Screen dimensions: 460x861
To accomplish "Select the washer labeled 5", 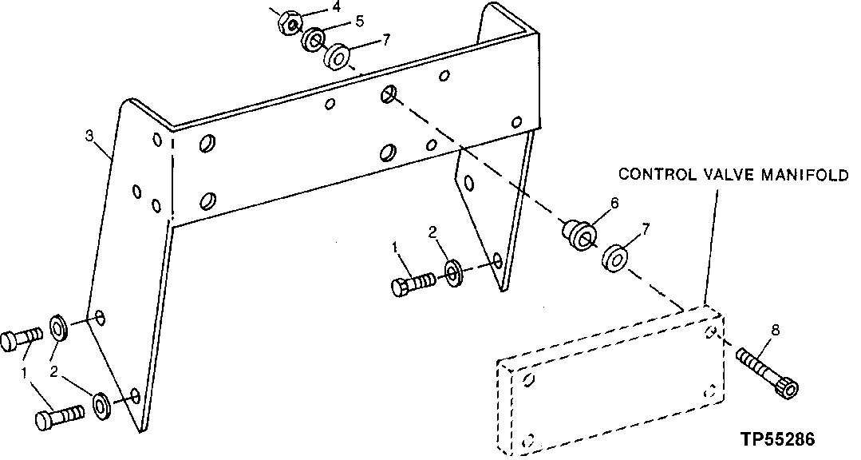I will tap(312, 40).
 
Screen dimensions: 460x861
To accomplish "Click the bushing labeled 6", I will tap(578, 232).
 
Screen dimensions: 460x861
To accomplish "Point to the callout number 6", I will tap(614, 203).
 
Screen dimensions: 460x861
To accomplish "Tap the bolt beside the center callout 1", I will tap(413, 283).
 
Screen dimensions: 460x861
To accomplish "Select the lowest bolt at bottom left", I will tap(58, 418).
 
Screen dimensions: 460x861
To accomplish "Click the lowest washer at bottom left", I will tap(102, 405).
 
